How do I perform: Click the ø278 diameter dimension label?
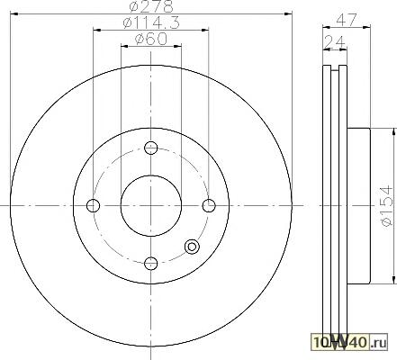[x=151, y=6]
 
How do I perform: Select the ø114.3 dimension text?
[x=151, y=22]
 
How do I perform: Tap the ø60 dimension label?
[x=151, y=39]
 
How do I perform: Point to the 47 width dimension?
[x=347, y=20]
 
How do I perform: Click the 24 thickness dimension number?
[x=335, y=41]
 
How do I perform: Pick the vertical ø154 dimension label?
[x=386, y=206]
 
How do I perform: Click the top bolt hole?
[x=151, y=148]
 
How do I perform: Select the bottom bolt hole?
[x=151, y=264]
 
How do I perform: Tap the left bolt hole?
[x=93, y=206]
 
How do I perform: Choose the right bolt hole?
[x=209, y=206]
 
